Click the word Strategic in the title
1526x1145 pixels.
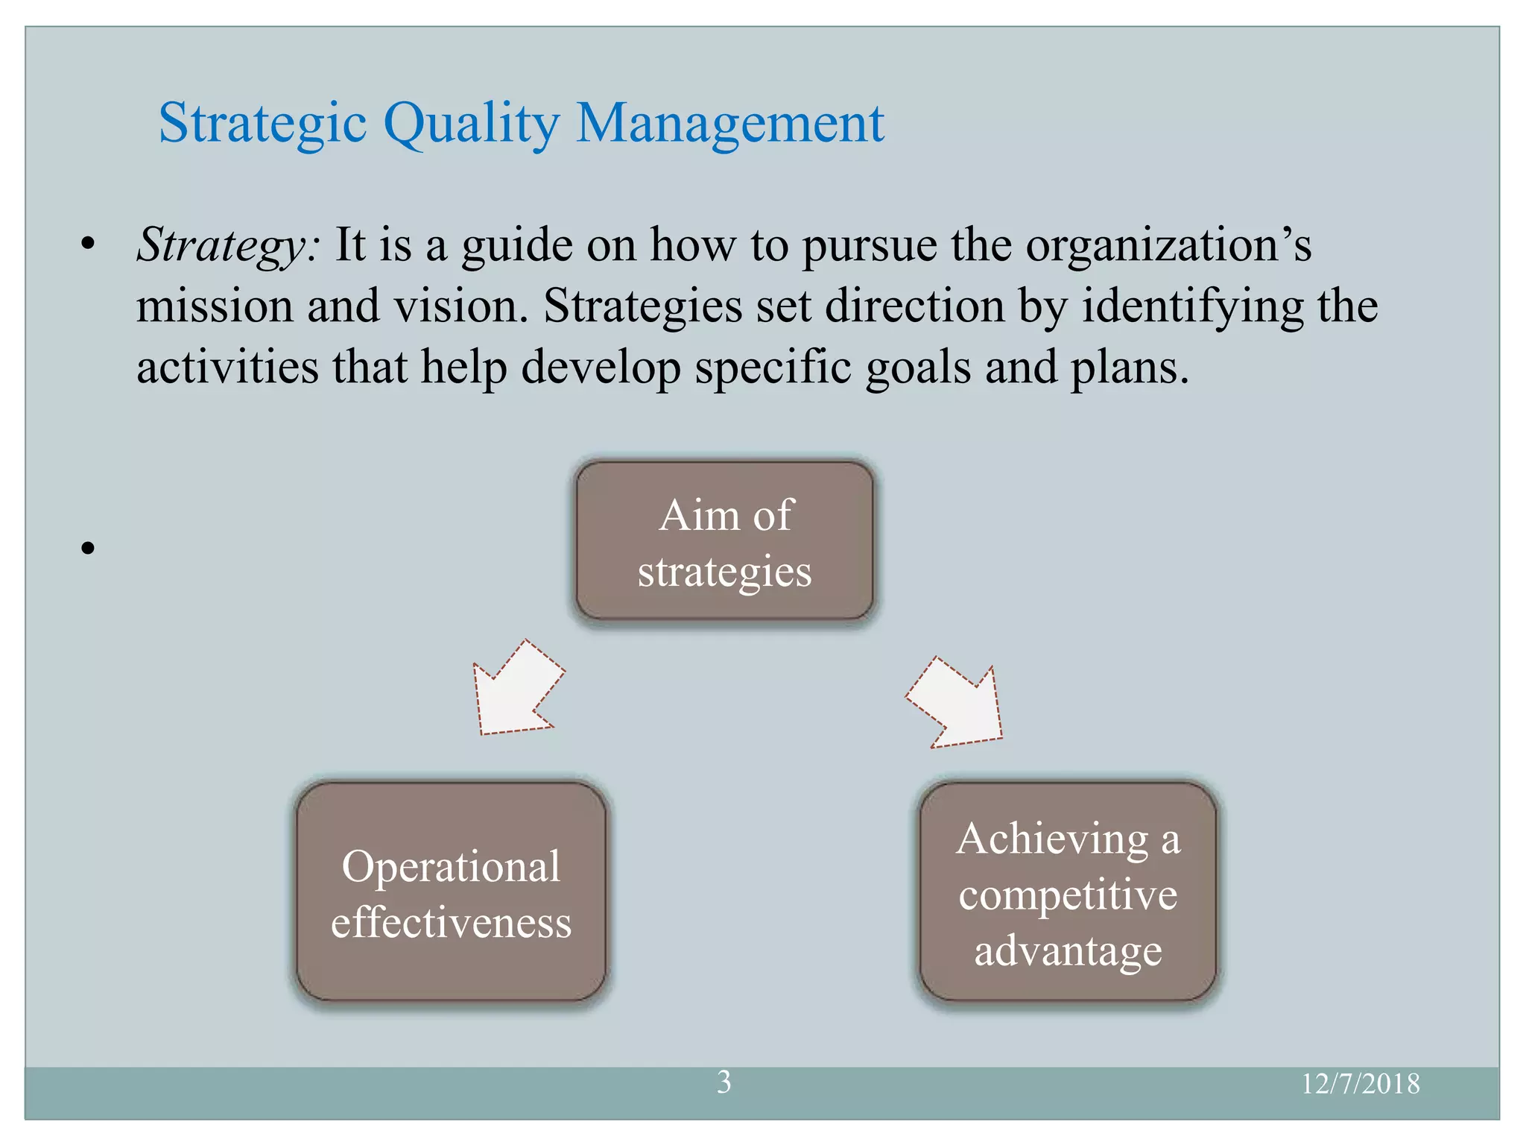click(x=262, y=123)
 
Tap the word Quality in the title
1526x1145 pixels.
click(x=470, y=123)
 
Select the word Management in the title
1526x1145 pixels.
click(x=729, y=123)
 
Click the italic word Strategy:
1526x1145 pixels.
click(x=229, y=246)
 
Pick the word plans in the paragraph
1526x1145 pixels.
click(x=1128, y=368)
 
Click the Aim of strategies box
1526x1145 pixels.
click(x=724, y=540)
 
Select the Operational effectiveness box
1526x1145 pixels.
click(x=451, y=892)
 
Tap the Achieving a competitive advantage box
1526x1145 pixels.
click(x=1068, y=892)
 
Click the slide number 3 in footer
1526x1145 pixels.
click(x=724, y=1082)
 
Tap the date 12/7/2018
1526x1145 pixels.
click(x=1360, y=1084)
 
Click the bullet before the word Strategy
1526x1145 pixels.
click(x=89, y=245)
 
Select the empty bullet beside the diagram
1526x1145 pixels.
click(x=89, y=549)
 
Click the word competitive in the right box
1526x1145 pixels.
click(x=1068, y=895)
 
